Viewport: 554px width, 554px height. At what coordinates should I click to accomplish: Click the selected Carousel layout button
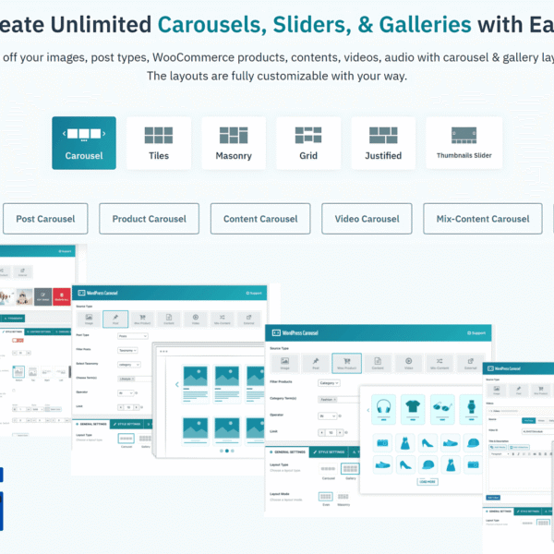tap(84, 143)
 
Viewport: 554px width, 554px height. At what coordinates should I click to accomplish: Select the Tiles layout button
tap(159, 143)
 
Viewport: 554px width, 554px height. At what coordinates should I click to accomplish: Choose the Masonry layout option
tap(233, 143)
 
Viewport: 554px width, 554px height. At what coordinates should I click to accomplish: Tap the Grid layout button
tap(308, 143)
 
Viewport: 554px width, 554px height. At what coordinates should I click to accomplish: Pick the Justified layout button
tap(383, 143)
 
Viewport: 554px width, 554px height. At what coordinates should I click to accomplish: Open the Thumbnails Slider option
tap(464, 143)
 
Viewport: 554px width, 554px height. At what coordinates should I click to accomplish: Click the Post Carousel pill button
tap(45, 219)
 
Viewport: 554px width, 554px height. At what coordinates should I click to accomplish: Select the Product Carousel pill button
tap(149, 219)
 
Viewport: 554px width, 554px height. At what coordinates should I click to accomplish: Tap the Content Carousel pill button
tap(260, 219)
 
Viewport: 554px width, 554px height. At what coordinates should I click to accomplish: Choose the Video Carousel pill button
tap(367, 219)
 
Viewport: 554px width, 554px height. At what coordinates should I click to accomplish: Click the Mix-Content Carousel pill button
tap(483, 219)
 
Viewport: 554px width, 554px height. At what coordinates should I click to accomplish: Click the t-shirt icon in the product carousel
tap(413, 406)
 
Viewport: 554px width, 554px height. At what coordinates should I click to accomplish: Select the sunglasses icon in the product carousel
tap(442, 406)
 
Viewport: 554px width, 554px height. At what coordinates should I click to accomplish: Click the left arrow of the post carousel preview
tap(176, 385)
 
